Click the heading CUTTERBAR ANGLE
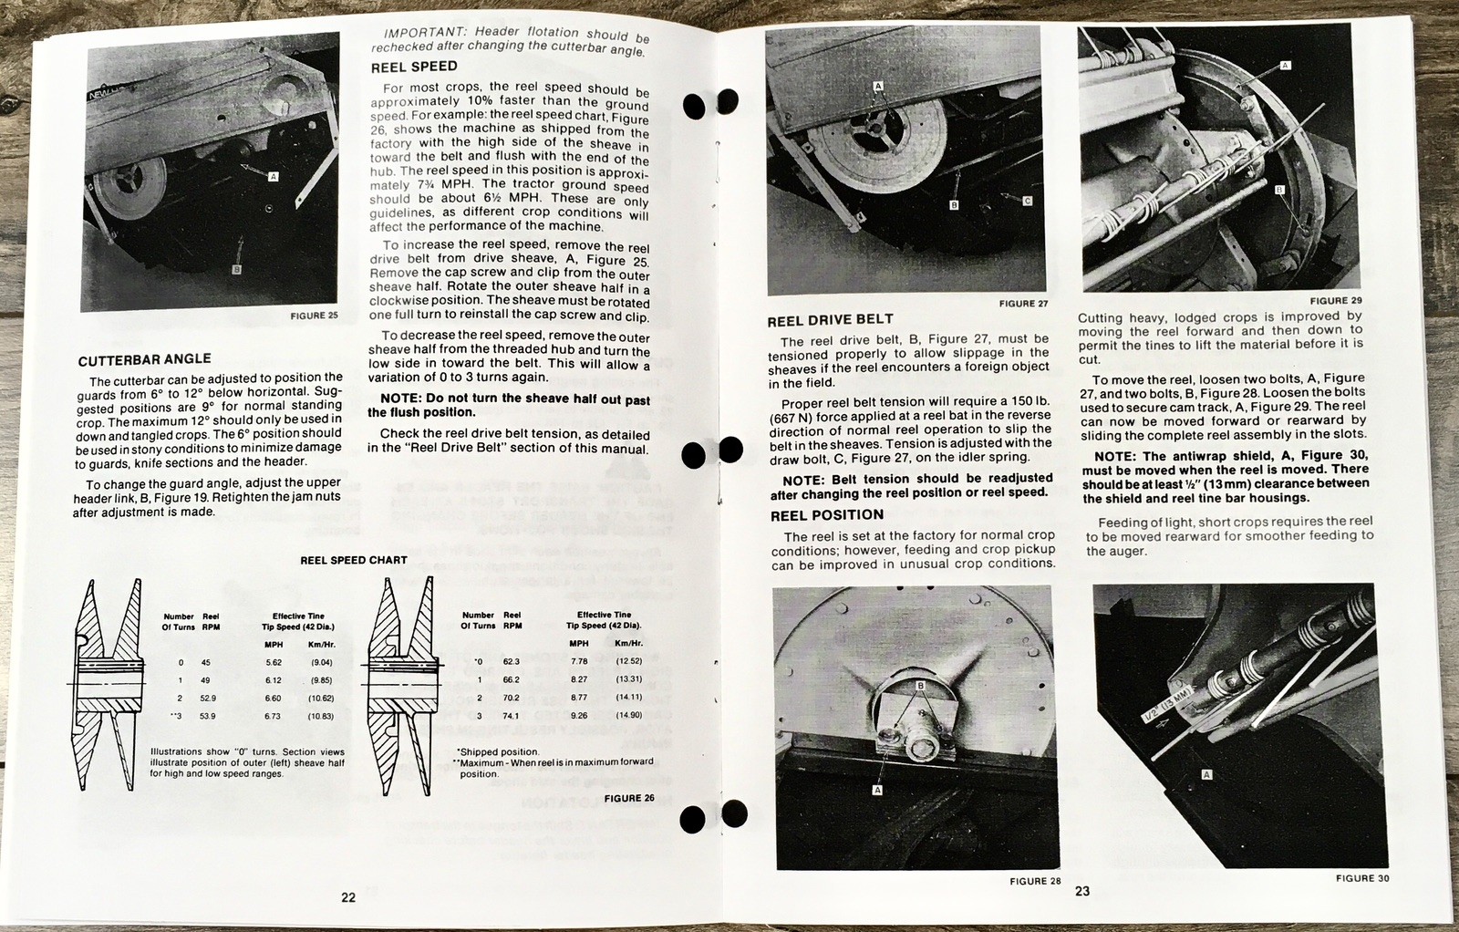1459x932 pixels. click(144, 359)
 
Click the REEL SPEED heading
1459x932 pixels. click(414, 67)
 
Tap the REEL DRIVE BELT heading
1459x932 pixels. click(830, 320)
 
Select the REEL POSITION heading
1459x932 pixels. click(826, 515)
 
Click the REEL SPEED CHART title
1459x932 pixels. click(354, 560)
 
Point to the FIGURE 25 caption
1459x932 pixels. click(314, 316)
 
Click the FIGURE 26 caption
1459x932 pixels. click(629, 798)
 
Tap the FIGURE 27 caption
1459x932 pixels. click(1023, 304)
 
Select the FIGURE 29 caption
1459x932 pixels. click(1336, 301)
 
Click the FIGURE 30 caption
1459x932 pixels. click(1362, 878)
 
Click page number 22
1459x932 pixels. click(348, 897)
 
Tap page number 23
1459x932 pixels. click(1082, 891)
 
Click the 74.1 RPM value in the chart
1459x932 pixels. click(511, 716)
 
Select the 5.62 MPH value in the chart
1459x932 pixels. click(274, 662)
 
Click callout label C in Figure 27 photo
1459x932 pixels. click(1027, 201)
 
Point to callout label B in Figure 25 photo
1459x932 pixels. click(236, 270)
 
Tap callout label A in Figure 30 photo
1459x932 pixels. click(1207, 774)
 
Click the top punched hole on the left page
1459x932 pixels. click(694, 106)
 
